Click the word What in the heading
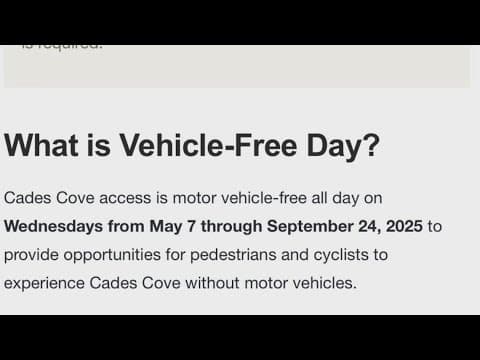coord(40,146)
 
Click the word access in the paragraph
coord(131,198)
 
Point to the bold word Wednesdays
coord(54,226)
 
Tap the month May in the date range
coord(166,226)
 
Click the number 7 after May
coord(193,226)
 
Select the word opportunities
coord(119,254)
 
